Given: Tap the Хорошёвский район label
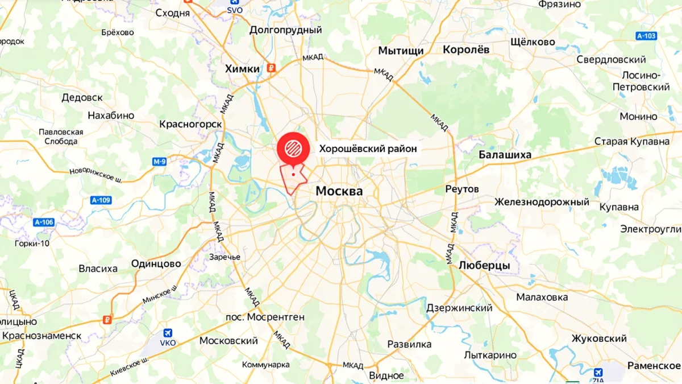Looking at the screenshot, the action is pos(368,148).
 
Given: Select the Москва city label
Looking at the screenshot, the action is pos(339,191).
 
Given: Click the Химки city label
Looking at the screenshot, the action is pos(242,68).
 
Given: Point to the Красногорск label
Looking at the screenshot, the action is pos(190,123).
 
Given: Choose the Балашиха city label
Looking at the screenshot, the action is pos(505,154).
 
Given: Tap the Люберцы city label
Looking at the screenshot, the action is pos(484,266).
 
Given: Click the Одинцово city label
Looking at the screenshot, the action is pos(156,263).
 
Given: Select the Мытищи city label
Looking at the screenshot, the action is pos(401,51).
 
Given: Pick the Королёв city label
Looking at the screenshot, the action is pos(466,49).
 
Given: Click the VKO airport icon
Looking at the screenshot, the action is pos(168,333).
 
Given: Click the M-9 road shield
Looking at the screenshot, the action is pos(160,162).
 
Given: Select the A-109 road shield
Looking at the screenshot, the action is pos(101,200).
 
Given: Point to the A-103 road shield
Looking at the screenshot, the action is pos(646,36).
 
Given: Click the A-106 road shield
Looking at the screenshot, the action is pos(44,222).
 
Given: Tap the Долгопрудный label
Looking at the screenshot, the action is pos(285,30).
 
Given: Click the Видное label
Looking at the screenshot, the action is pos(386,375).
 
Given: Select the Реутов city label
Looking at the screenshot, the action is pos(462,189).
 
